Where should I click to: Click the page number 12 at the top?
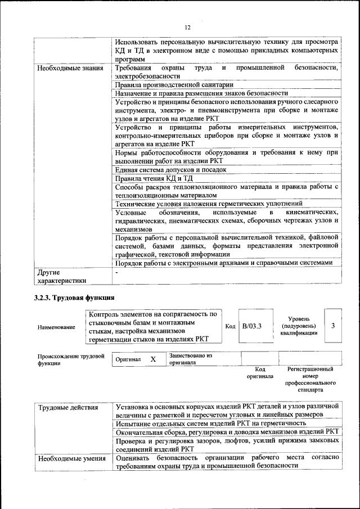[187, 26]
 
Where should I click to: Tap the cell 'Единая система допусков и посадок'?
[170, 169]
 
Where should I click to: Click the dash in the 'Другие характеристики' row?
[116, 272]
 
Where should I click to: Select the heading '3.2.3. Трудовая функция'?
[74, 298]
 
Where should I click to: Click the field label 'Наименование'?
[56, 327]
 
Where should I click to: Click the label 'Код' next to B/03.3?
[230, 326]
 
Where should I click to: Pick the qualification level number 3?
[334, 326]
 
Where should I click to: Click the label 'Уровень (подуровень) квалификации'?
[298, 326]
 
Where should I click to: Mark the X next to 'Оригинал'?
[152, 359]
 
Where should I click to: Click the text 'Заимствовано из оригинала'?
[191, 359]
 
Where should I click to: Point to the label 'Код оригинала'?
[260, 373]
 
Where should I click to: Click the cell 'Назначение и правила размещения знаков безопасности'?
[201, 93]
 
